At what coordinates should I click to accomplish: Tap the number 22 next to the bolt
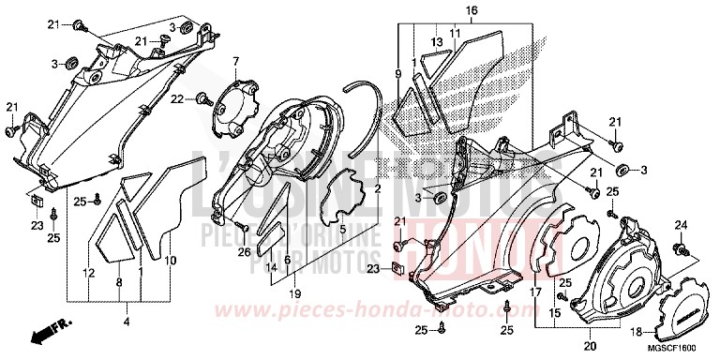pos(176,98)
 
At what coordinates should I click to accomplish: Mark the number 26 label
pos(244,251)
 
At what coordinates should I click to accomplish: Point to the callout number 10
pos(171,261)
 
